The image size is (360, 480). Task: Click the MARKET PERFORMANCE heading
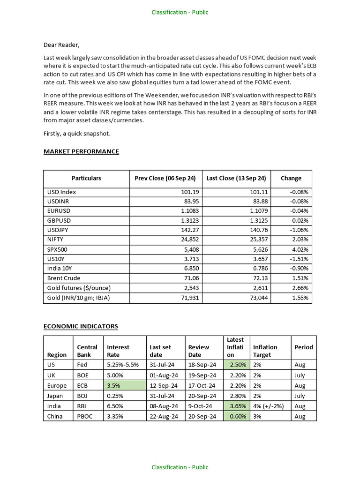pos(81,151)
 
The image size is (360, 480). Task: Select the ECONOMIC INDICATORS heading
pos(81,326)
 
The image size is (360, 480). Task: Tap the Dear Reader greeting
pos(62,45)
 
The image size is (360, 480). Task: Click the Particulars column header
pos(86,178)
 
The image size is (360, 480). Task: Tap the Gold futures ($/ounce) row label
pos(79,287)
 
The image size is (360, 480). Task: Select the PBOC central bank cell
pos(85,416)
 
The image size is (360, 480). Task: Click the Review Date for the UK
pos(202,375)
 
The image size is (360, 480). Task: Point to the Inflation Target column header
pos(265,351)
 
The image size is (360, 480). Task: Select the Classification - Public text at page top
pos(180,12)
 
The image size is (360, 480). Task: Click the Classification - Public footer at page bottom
pos(180,467)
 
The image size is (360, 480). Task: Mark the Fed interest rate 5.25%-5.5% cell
pos(123,365)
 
